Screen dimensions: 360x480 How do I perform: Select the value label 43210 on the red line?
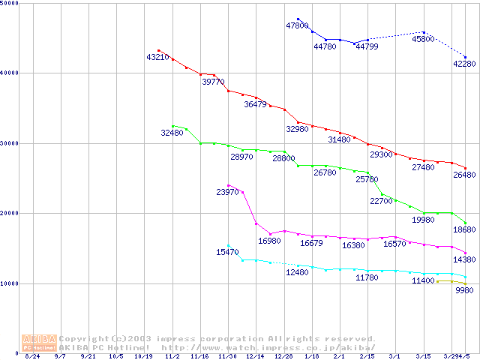(x=158, y=57)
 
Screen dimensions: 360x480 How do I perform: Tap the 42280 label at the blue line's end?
(x=464, y=64)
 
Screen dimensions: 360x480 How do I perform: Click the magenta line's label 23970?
(x=227, y=193)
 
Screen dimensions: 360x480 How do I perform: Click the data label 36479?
(x=255, y=105)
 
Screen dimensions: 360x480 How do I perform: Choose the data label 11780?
(x=366, y=277)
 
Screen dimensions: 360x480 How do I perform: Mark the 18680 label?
(x=464, y=229)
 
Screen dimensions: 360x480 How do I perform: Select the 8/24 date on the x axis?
(x=32, y=357)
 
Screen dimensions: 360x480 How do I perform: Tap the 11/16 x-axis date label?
(x=199, y=357)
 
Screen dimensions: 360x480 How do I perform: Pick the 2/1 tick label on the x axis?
(x=338, y=357)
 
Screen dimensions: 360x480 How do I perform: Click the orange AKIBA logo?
(x=39, y=342)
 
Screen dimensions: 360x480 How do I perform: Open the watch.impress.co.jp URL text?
(x=268, y=348)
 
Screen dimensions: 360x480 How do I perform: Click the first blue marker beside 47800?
(x=298, y=19)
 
